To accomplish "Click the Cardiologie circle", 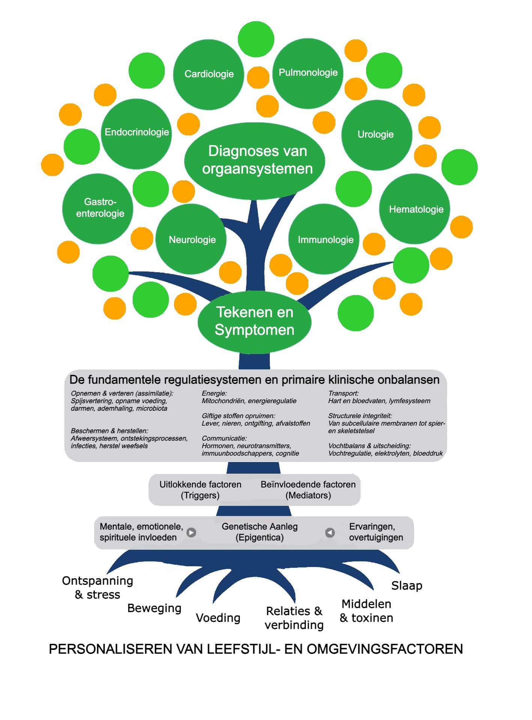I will tap(209, 74).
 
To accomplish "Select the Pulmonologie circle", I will tap(308, 73).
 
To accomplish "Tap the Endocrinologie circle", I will tap(137, 133).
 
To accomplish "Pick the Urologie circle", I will tap(376, 135).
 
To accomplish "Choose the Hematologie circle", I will tap(415, 209).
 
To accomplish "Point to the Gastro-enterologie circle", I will tap(98, 208).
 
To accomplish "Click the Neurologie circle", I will tap(191, 239).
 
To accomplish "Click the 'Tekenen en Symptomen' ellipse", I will tap(254, 322).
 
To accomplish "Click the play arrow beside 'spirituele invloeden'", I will tap(191, 532).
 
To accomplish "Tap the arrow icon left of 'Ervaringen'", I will tap(330, 532).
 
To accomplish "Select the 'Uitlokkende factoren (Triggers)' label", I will tap(200, 490).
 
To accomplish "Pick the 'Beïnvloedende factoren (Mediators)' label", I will tap(308, 490).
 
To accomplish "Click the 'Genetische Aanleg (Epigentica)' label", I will tap(260, 532).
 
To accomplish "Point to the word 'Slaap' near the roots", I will tap(407, 585).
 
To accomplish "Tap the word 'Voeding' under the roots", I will tap(218, 618).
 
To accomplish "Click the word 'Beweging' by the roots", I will tap(154, 608).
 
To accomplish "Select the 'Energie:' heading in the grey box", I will tap(214, 393).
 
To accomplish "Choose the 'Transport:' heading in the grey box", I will tap(343, 393).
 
